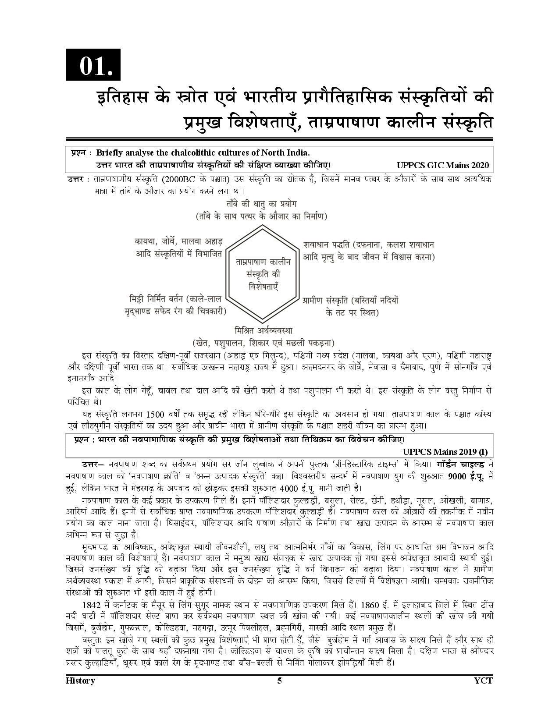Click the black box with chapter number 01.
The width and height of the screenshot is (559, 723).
click(x=93, y=64)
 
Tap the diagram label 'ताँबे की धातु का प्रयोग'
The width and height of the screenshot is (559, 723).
click(x=262, y=204)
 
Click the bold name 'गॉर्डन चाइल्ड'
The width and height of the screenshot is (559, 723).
click(x=462, y=464)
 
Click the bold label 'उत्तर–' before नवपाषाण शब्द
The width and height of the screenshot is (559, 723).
click(x=92, y=464)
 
